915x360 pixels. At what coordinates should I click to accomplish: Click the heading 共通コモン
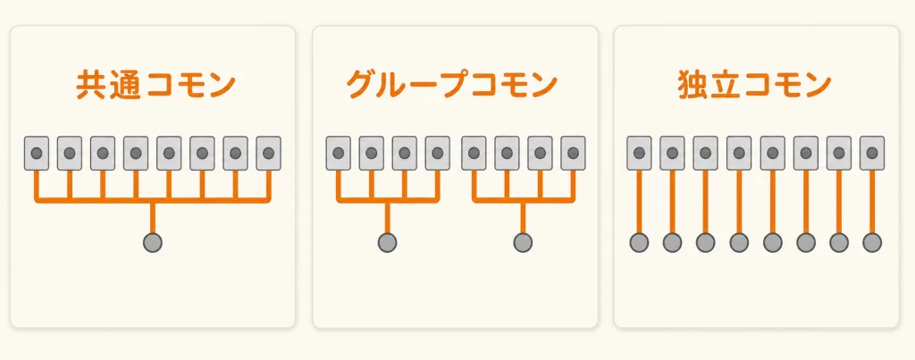[x=155, y=86]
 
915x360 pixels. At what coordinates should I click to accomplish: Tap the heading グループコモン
[x=452, y=86]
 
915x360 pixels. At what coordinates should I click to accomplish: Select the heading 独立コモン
[x=755, y=86]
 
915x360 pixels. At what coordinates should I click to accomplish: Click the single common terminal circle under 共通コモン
[x=152, y=242]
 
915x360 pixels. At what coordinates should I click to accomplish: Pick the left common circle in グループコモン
[x=387, y=242]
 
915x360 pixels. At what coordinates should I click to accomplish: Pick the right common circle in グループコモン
[x=523, y=242]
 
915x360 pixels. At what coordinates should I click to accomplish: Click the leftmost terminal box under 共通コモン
[x=36, y=154]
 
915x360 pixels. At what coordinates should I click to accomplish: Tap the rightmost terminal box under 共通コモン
[x=268, y=154]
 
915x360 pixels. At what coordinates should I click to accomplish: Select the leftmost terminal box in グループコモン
[x=338, y=154]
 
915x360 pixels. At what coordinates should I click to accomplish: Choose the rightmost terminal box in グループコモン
[x=573, y=154]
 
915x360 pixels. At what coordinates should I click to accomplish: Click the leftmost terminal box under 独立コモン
[x=639, y=154]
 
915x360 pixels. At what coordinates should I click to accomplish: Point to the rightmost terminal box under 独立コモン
[x=872, y=154]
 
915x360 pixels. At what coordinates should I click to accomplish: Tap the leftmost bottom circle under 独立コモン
[x=639, y=242]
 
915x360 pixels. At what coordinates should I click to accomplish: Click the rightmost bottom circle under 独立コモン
[x=872, y=242]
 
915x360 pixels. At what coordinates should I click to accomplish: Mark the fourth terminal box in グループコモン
[x=438, y=154]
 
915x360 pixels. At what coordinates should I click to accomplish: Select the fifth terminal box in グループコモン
[x=474, y=154]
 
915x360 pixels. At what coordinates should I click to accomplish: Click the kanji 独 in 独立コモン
[x=693, y=86]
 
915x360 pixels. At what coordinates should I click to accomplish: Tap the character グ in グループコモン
[x=361, y=86]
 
